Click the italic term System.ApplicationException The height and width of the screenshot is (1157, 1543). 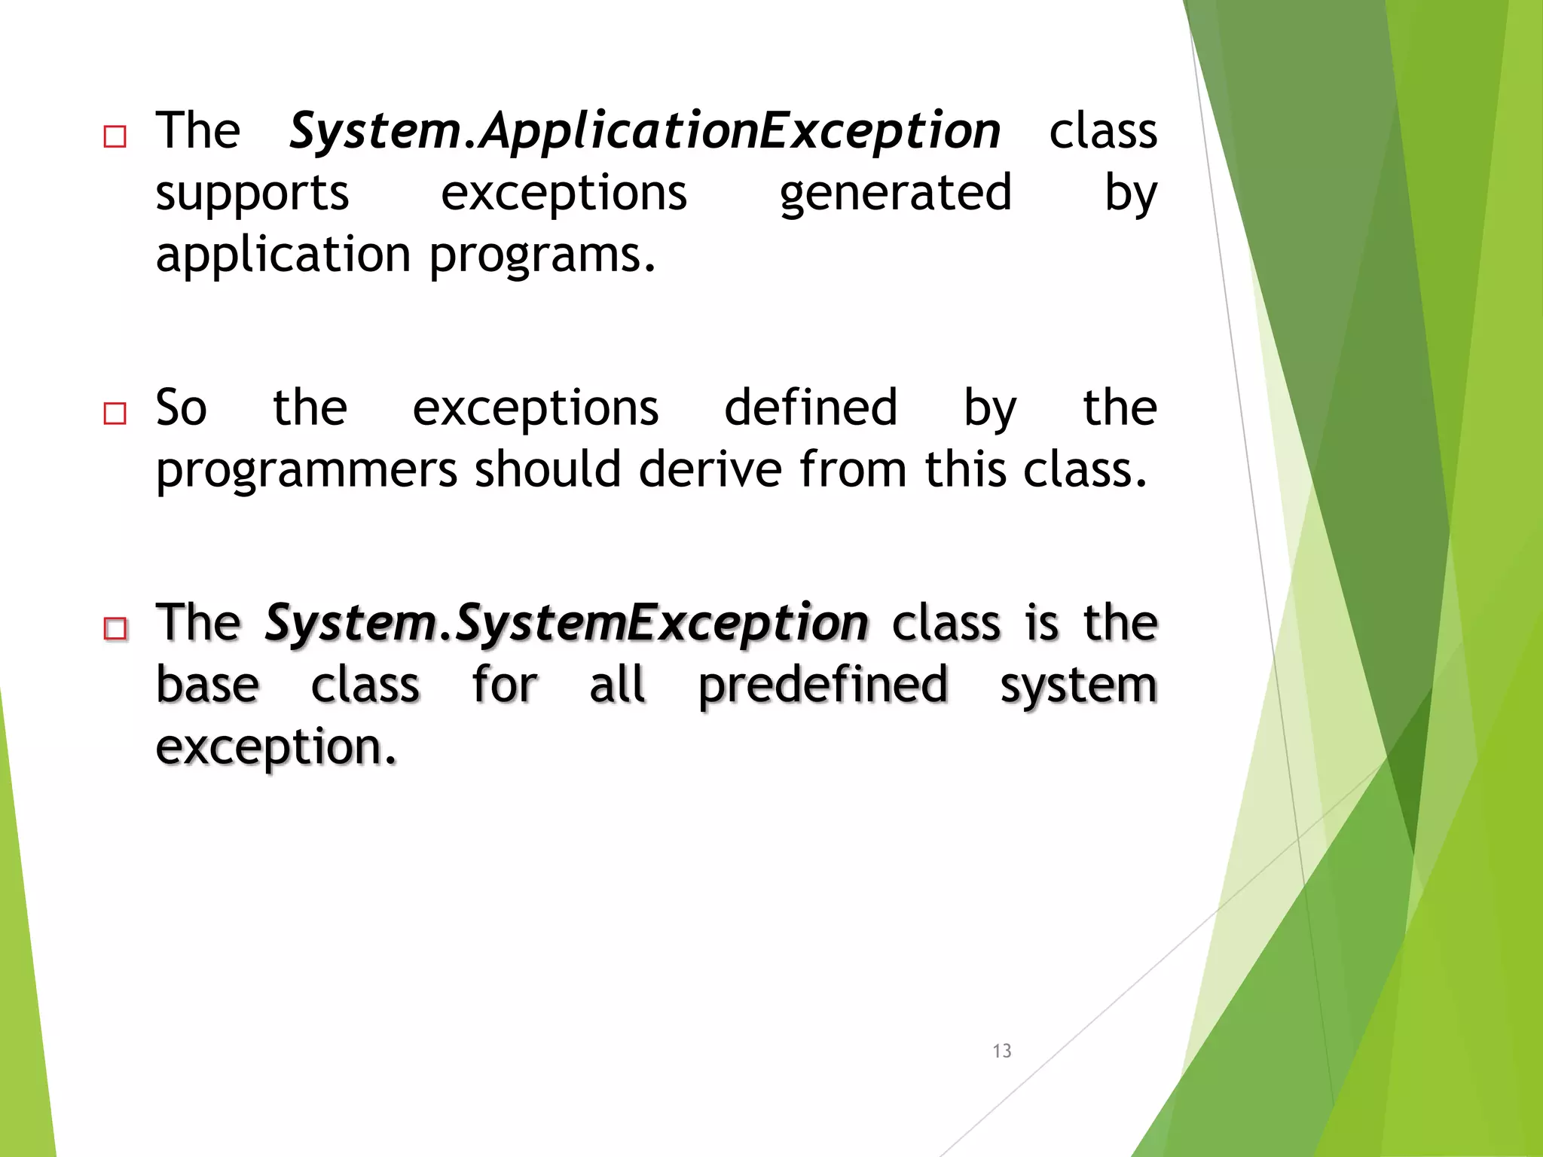(645, 131)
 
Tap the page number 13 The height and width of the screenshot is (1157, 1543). (1001, 1051)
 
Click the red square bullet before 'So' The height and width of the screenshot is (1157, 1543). (115, 414)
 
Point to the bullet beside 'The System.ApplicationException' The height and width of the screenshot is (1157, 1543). (115, 137)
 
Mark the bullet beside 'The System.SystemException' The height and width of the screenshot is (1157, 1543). (115, 628)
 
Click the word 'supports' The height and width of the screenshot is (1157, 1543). (252, 194)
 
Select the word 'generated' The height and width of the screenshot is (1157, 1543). (895, 194)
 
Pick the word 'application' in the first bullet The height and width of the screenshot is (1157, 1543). (283, 256)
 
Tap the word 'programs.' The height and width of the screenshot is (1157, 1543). (542, 256)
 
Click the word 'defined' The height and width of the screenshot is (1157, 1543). (811, 408)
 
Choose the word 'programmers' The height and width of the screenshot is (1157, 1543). (307, 471)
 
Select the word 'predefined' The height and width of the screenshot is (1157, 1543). (823, 686)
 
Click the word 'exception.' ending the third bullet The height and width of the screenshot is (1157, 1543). (276, 748)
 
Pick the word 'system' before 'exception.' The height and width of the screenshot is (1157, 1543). (1078, 686)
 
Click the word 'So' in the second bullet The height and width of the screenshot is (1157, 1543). (181, 408)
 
